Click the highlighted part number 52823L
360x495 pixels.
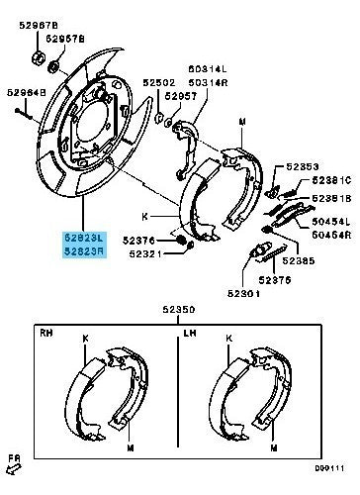(83, 239)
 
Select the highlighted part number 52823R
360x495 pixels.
(83, 252)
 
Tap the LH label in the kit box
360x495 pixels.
(190, 334)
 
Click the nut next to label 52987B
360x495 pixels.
(39, 54)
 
